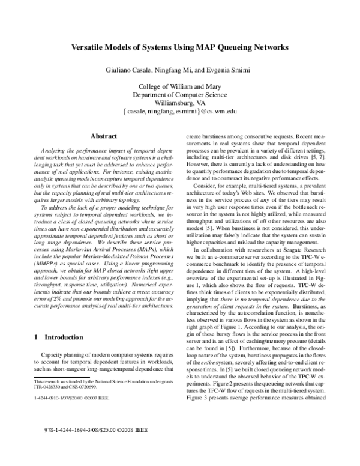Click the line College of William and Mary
[181, 86]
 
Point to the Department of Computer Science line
[181, 94]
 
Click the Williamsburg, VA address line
[181, 103]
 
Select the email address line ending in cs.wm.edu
[181, 112]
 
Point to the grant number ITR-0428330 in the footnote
[49, 387]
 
